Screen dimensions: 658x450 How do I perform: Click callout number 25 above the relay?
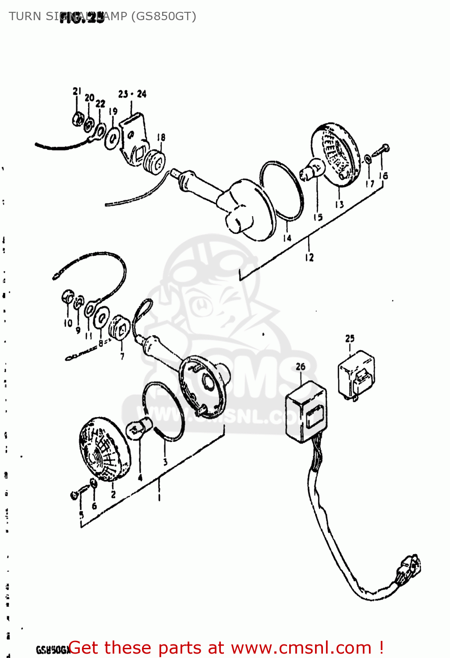350,338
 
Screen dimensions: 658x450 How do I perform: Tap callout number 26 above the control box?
301,366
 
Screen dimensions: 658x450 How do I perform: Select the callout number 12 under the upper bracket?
309,257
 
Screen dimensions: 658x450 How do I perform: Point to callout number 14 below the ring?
287,238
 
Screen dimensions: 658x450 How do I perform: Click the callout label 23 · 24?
132,94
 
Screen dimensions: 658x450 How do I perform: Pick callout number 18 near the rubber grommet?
161,137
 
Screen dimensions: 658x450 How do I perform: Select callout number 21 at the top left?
77,91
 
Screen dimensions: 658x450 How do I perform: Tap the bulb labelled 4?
139,428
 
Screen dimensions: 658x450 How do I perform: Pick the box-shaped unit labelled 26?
306,411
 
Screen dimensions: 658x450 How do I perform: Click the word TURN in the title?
25,16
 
